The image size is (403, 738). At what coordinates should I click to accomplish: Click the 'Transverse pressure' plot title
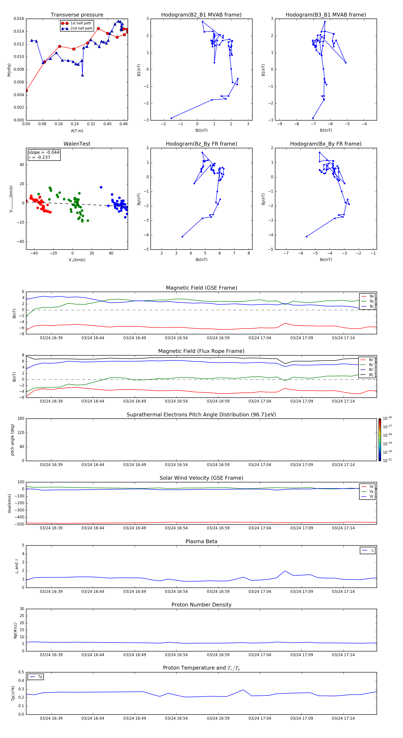[x=77, y=15]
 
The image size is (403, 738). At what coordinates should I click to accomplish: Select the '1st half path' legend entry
[x=81, y=23]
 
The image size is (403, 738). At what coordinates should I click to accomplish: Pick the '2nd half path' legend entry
[x=81, y=28]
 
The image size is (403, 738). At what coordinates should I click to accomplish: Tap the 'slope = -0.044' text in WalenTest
[x=44, y=153]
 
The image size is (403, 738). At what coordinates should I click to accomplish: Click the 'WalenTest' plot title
[x=77, y=144]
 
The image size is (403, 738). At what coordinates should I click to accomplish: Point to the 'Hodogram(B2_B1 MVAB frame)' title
[x=201, y=15]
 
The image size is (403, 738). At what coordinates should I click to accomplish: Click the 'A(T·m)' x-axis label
[x=77, y=131]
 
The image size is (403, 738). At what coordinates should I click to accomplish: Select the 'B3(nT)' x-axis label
[x=326, y=130]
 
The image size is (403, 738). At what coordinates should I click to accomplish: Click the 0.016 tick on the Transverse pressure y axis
[x=19, y=19]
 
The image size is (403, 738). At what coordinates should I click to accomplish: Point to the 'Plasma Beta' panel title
[x=201, y=541]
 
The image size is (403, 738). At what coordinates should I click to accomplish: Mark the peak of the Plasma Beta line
[x=285, y=571]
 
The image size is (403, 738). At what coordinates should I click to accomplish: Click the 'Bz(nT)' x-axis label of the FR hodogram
[x=201, y=260]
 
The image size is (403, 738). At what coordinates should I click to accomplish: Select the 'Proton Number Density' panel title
[x=201, y=605]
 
